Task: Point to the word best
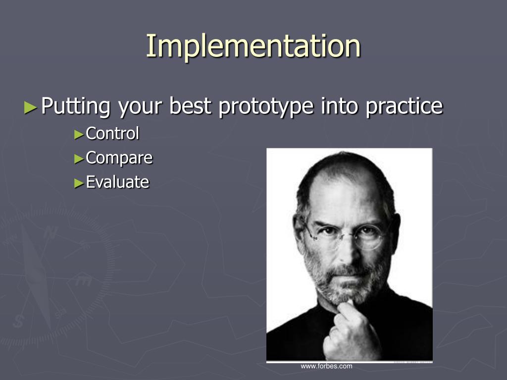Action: point(191,106)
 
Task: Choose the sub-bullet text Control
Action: point(112,134)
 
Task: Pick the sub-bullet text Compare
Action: point(119,158)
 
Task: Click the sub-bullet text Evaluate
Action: point(117,182)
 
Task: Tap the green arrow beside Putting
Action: point(31,107)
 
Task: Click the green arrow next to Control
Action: point(79,135)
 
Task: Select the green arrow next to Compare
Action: point(79,159)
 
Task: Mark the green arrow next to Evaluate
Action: point(79,183)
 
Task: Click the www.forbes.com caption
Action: point(326,366)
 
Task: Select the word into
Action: point(340,106)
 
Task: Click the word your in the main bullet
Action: point(140,108)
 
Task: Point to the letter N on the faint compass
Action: point(50,233)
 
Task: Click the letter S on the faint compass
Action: point(18,321)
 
